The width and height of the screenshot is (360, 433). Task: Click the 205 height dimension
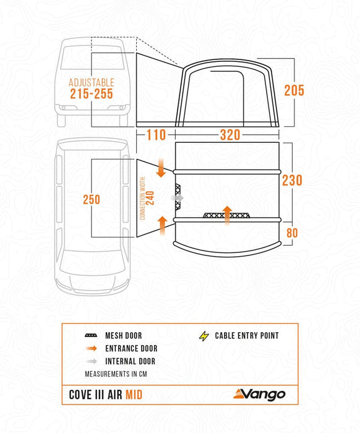tap(294, 90)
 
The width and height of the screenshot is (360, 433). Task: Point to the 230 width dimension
tap(292, 180)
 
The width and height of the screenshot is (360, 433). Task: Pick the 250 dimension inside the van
tap(92, 199)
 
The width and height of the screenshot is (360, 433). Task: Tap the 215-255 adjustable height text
tap(92, 94)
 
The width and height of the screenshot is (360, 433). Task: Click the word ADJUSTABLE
tap(92, 82)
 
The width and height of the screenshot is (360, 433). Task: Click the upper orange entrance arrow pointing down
tap(161, 168)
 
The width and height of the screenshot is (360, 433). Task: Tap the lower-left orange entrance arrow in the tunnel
tap(163, 225)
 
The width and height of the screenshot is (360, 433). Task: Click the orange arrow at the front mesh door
tap(227, 215)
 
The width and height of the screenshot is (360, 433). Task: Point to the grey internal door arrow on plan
tap(179, 197)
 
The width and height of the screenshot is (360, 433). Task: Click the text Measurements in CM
tap(116, 374)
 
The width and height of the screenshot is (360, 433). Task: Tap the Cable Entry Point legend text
tap(247, 336)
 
